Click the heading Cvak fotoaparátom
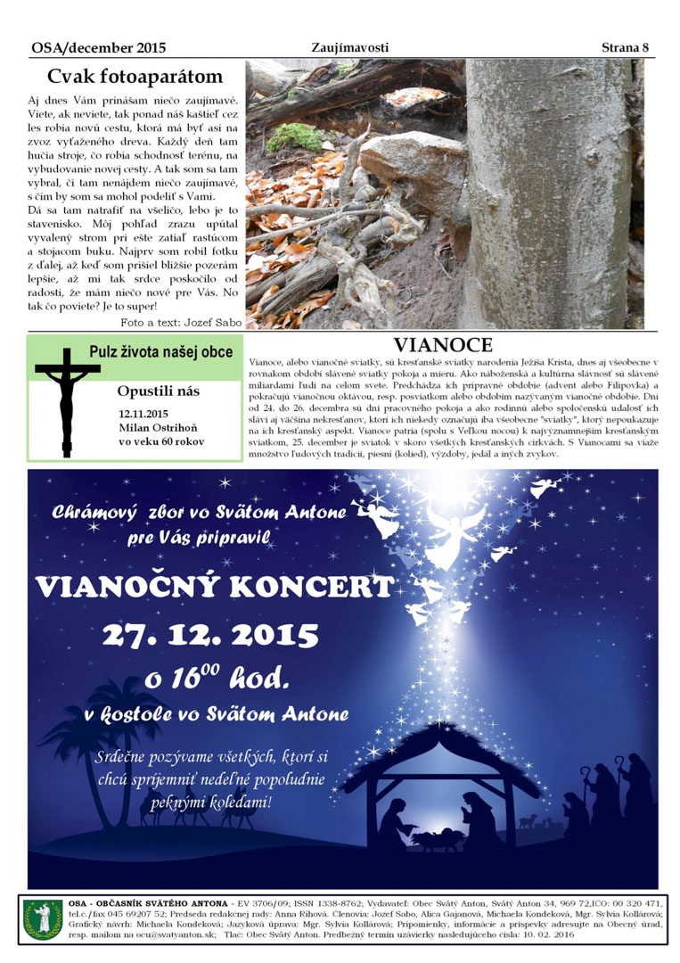click(135, 76)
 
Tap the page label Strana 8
click(625, 47)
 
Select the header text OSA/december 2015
click(98, 47)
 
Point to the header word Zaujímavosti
click(350, 47)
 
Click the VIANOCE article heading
click(443, 345)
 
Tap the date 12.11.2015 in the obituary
click(143, 414)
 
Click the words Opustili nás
click(159, 391)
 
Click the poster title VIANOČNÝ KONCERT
click(215, 587)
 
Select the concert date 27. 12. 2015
click(210, 635)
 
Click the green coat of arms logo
click(43, 918)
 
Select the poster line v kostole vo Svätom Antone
click(217, 714)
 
